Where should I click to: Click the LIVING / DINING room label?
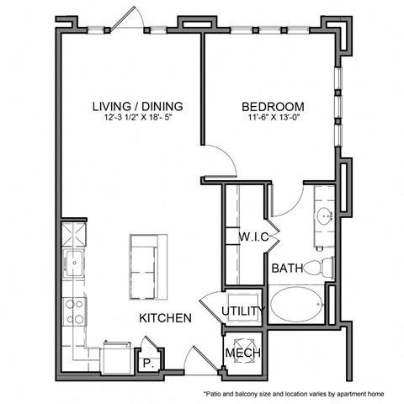137,107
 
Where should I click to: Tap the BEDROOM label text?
273,107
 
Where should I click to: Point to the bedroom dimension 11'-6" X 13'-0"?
273,119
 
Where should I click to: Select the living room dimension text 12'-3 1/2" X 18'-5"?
137,119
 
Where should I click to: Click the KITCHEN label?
165,318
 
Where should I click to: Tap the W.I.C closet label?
253,237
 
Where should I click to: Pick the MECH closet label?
242,353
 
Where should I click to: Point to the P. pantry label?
146,363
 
